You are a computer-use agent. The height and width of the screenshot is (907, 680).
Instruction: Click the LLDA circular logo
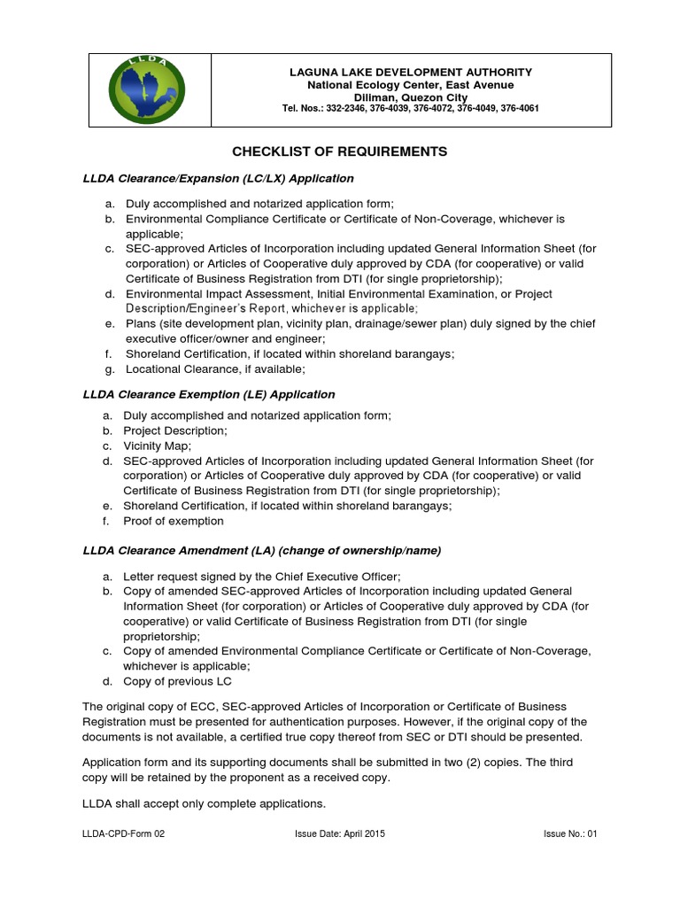point(148,89)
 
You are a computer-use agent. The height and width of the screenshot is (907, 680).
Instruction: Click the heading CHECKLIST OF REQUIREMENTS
point(340,151)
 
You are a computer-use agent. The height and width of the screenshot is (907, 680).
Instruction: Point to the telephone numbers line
point(410,109)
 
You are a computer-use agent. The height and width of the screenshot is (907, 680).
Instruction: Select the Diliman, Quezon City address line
point(410,97)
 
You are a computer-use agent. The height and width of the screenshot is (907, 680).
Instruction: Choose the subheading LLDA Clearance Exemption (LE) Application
point(208,393)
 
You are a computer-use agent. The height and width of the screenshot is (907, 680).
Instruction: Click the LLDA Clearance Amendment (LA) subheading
point(261,550)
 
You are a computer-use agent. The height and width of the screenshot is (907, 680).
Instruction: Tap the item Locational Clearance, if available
point(215,368)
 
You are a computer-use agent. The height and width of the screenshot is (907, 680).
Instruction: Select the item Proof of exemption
point(174,522)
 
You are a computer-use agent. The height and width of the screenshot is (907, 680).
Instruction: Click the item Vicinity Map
point(157,446)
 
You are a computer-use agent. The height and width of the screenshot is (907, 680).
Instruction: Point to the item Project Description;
point(175,430)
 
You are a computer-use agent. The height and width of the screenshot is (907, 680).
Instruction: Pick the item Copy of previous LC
point(178,681)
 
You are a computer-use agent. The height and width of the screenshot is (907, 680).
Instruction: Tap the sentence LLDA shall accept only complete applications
point(204,803)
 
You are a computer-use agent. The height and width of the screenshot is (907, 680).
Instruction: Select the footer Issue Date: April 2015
point(339,834)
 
